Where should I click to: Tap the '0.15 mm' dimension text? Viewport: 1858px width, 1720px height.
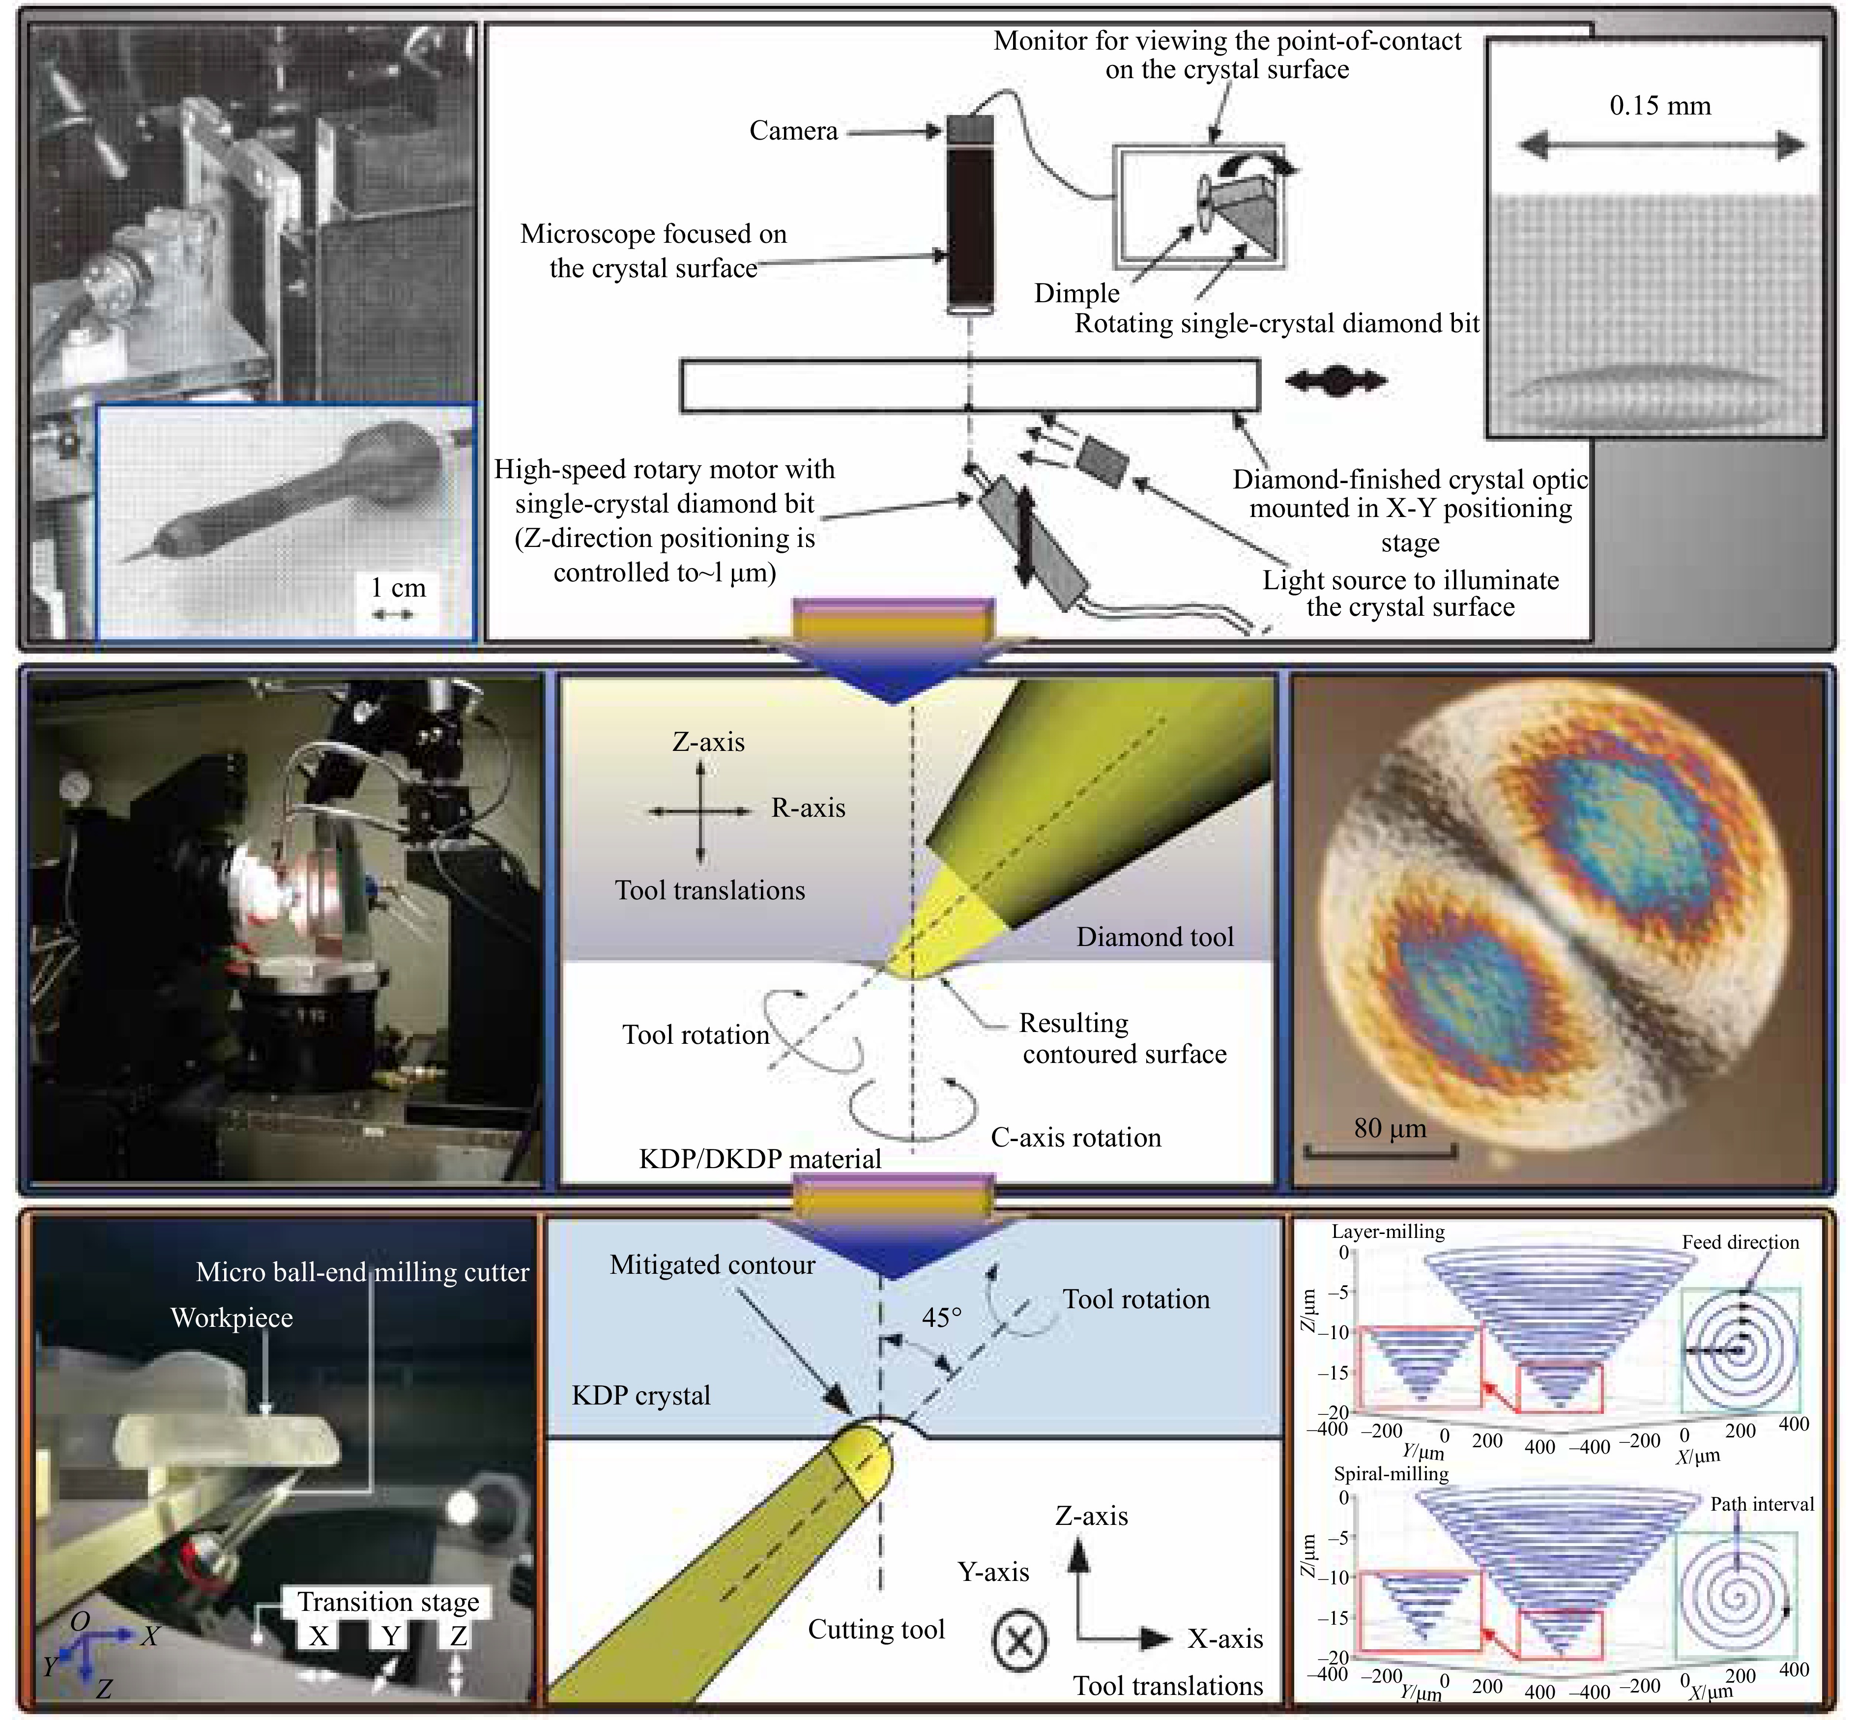coord(1660,105)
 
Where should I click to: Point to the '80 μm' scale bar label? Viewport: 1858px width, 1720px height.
coord(1390,1128)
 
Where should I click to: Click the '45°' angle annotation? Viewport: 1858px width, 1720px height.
coord(942,1317)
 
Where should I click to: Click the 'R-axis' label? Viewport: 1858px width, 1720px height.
coord(808,808)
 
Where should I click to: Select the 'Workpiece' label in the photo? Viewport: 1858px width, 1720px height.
coord(232,1318)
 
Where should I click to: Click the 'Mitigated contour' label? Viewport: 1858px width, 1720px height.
coord(712,1265)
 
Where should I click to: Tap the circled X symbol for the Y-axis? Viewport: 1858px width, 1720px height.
coord(1019,1640)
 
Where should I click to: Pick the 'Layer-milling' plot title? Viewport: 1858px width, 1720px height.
coord(1388,1232)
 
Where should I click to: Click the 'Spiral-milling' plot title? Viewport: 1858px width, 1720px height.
coord(1391,1473)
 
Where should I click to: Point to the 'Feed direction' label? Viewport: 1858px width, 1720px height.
coord(1740,1242)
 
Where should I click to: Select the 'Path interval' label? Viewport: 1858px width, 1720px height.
coord(1762,1504)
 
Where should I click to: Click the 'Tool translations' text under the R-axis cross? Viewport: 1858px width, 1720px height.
coord(709,890)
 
